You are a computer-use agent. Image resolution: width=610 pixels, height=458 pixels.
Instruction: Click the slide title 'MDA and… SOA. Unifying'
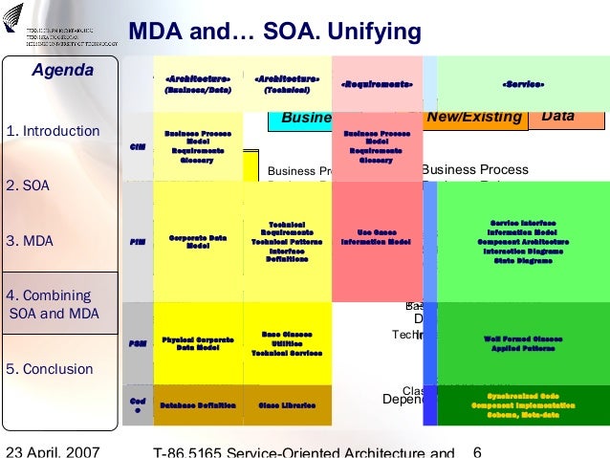274,33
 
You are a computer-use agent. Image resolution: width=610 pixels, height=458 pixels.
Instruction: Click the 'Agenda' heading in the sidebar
63,71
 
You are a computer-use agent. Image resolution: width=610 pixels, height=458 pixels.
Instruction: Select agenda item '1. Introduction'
53,131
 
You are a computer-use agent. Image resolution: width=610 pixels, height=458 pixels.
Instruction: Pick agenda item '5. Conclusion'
50,369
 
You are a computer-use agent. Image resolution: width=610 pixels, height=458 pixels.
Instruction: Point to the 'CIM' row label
137,146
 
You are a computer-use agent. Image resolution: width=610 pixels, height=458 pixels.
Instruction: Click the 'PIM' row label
138,242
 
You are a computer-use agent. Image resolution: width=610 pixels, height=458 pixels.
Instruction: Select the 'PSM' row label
137,342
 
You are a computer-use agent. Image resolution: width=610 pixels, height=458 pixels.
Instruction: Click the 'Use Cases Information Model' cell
376,236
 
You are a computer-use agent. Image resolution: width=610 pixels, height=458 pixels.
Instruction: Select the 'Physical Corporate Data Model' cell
197,343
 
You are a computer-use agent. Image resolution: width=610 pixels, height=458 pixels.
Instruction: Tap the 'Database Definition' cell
197,405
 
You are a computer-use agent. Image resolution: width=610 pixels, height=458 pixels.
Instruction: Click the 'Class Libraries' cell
287,405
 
